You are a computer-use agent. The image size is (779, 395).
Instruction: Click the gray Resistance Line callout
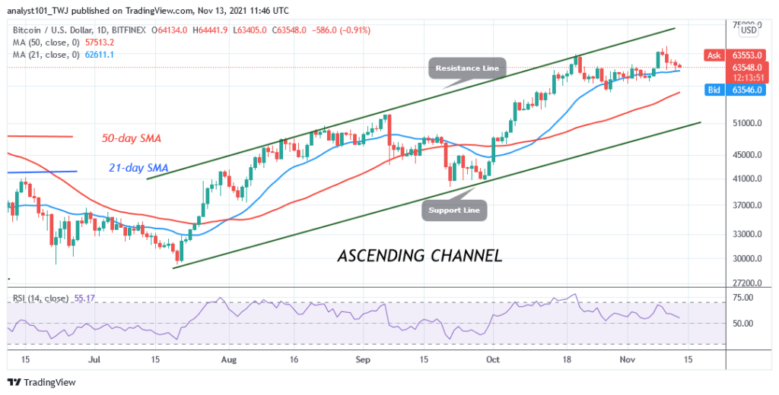tap(467, 68)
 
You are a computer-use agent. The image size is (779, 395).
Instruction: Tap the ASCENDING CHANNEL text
tap(419, 255)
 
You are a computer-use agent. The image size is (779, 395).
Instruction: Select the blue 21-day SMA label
tap(135, 168)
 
